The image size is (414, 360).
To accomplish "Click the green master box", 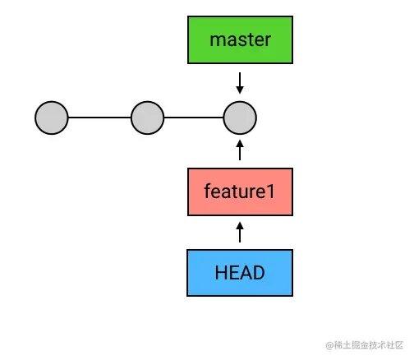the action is click(x=240, y=40).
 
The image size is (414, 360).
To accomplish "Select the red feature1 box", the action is click(x=240, y=192).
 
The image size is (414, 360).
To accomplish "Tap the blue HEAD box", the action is click(x=240, y=273).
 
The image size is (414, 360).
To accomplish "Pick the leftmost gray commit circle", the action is click(x=52, y=118).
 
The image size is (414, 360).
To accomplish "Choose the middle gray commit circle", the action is click(x=148, y=118).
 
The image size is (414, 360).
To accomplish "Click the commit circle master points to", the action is click(x=240, y=118).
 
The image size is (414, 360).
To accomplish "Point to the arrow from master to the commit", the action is click(x=240, y=83).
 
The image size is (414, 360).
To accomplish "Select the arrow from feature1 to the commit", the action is click(x=240, y=150).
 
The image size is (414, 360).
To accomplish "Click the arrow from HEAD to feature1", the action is click(x=240, y=232).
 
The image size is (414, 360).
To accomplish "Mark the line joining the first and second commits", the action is click(x=99, y=118).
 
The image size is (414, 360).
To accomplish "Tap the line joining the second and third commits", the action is click(x=194, y=118).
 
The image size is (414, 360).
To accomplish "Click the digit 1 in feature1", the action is click(x=270, y=192).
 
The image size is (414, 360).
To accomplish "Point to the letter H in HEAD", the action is click(x=221, y=273).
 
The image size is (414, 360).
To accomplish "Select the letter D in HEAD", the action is click(x=259, y=273).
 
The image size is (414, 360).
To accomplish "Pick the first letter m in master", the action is click(x=217, y=41).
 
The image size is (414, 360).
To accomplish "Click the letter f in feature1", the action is click(x=208, y=191).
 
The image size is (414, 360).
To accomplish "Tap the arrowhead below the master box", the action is click(x=240, y=90).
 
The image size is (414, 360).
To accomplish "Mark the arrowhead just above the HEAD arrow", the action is click(x=240, y=226).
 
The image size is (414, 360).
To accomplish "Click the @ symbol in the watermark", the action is click(x=329, y=345).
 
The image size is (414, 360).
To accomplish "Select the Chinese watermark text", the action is click(x=369, y=345).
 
